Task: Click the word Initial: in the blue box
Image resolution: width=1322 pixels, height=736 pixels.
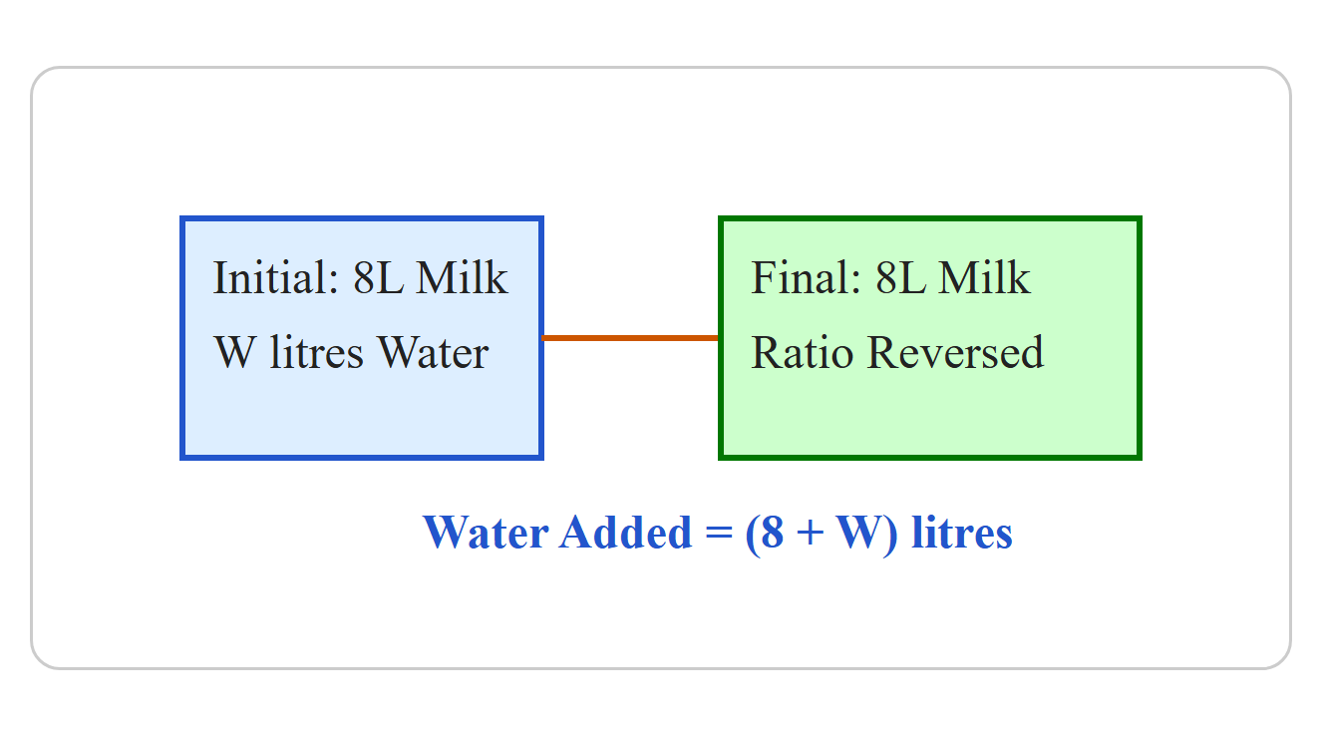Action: pos(275,277)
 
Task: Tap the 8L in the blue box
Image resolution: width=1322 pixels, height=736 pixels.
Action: pos(379,277)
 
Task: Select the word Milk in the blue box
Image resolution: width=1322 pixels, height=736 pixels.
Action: pos(462,277)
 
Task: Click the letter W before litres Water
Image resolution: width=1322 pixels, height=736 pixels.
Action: pos(235,352)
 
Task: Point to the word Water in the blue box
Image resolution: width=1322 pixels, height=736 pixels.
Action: pos(434,352)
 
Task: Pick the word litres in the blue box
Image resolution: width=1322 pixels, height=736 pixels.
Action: pos(316,352)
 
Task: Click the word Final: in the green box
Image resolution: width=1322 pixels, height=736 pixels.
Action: pos(806,277)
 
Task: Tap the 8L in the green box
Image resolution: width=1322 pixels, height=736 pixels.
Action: pos(900,277)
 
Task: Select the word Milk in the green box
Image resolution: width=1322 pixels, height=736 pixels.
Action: pos(984,277)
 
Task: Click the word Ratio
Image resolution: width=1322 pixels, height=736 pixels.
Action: pos(802,352)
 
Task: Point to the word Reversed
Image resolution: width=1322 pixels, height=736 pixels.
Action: pos(956,352)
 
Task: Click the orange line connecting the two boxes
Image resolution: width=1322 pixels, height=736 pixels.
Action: pos(630,338)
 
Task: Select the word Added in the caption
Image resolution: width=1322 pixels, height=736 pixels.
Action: pos(625,532)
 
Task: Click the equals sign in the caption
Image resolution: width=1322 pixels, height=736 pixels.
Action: pos(719,533)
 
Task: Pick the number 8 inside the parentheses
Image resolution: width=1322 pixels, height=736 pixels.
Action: pos(773,533)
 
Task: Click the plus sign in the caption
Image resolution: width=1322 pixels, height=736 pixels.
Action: pos(811,533)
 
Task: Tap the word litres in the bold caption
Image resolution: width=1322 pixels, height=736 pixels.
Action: pos(962,532)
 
